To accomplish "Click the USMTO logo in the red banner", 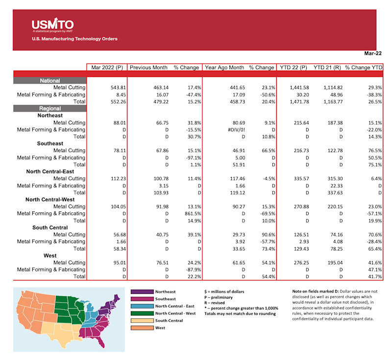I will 52,24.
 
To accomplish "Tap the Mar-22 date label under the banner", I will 372,53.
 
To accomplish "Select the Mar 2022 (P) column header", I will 106,67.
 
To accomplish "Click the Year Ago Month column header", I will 224,67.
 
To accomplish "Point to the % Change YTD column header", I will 364,67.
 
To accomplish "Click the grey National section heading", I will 50,80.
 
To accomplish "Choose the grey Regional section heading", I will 50,108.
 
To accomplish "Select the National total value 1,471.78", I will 297,102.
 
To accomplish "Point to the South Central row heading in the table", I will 50,228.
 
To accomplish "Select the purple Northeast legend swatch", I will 142,292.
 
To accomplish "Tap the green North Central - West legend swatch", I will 142,313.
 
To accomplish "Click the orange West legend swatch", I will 142,328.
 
